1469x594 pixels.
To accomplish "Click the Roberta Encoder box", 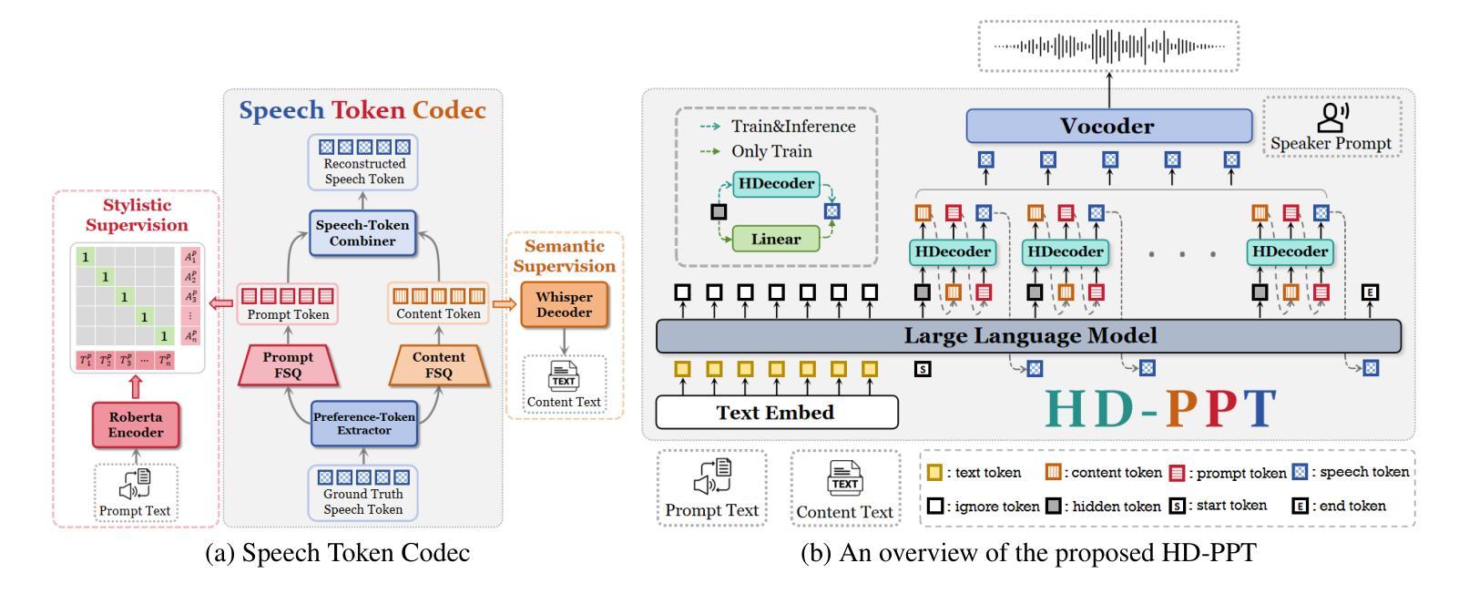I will tap(136, 425).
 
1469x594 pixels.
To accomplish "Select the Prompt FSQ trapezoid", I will tap(288, 366).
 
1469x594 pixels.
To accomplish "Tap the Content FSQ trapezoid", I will tap(438, 366).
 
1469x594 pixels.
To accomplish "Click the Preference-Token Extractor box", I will tap(363, 424).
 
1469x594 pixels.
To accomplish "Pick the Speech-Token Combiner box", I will tap(362, 233).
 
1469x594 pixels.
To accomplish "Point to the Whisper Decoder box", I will tap(564, 305).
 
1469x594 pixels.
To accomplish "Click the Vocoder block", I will tap(1107, 126).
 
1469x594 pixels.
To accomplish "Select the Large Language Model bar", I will tap(1029, 336).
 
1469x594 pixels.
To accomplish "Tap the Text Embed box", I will tap(776, 413).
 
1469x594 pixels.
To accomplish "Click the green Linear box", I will tap(776, 240).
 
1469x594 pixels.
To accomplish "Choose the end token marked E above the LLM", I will tap(1369, 292).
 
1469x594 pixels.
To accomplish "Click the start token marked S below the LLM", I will tap(923, 370).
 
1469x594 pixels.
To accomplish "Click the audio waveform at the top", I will tap(1108, 45).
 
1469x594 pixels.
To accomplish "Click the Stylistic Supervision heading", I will tap(137, 215).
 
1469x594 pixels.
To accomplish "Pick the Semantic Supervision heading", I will tap(565, 256).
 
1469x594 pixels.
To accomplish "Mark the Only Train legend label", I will tap(771, 151).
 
